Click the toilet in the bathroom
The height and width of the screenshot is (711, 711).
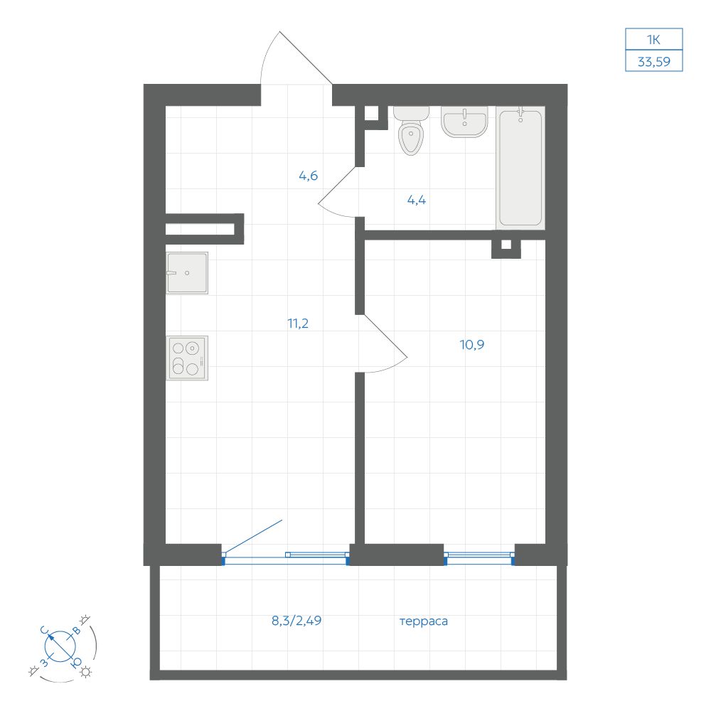pos(411,131)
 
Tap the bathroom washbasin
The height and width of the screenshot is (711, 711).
pos(464,122)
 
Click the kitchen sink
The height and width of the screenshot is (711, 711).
pos(187,273)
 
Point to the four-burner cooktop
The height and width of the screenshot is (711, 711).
pos(187,358)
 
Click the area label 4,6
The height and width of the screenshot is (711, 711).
pos(309,176)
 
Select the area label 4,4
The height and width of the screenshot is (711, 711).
pos(417,200)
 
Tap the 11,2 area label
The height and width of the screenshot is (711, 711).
pos(298,324)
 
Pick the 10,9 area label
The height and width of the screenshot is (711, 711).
pos(472,345)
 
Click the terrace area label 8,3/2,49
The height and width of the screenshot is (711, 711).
pos(296,620)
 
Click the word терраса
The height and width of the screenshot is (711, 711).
pos(424,621)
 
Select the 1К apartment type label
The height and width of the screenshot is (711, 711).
pos(653,40)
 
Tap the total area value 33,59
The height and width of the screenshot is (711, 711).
pos(654,62)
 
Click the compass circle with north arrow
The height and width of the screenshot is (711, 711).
pos(60,646)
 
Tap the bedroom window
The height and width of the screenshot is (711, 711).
pos(479,558)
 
